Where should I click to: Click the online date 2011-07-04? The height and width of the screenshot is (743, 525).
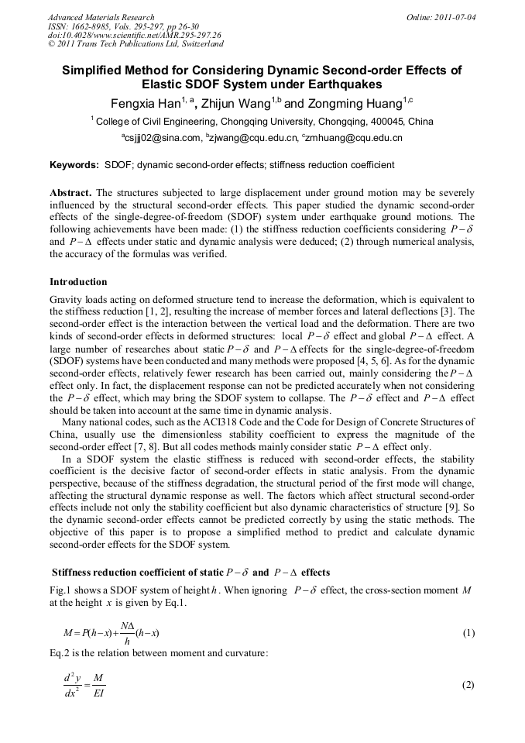click(452, 16)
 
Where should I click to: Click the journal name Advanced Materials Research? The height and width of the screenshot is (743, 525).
click(101, 16)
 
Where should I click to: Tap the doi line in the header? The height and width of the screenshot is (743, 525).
click(134, 35)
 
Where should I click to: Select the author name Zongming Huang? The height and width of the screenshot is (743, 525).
click(362, 103)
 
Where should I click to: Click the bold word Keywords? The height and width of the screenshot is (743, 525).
click(74, 165)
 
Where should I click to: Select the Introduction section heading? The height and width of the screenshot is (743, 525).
click(78, 282)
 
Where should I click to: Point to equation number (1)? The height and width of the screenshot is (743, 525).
click(468, 633)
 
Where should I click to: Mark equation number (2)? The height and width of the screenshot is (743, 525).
click(468, 685)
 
